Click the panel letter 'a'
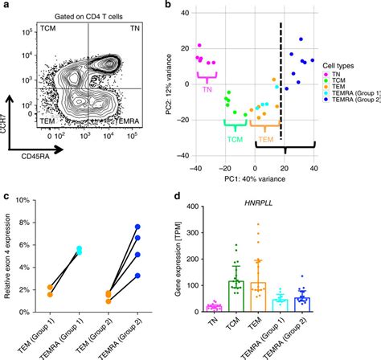pyautogui.click(x=6, y=6)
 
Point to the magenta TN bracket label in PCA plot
pyautogui.click(x=207, y=90)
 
